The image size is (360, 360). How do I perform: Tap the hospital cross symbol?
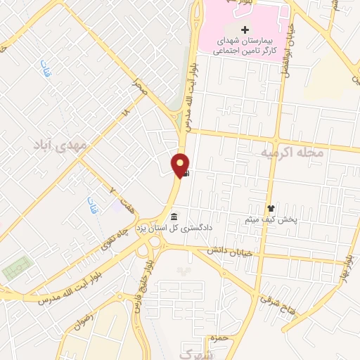pyautogui.click(x=245, y=30)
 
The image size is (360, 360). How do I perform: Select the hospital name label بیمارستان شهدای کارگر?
pyautogui.click(x=245, y=45)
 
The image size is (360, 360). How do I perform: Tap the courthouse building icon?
pyautogui.click(x=174, y=215)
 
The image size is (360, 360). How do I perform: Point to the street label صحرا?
pyautogui.click(x=141, y=88)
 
